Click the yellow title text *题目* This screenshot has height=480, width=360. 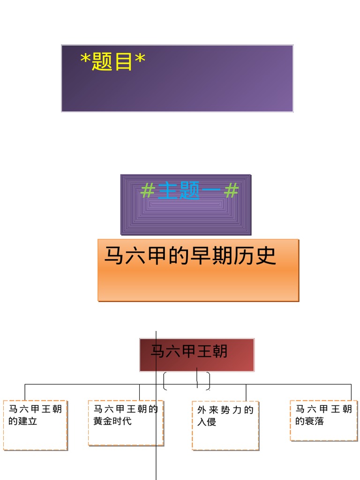click(x=113, y=61)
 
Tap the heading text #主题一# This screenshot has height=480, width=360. click(x=189, y=191)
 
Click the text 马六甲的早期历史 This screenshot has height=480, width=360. click(x=190, y=256)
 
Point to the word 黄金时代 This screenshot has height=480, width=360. click(x=112, y=421)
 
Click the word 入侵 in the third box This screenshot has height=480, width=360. click(x=207, y=422)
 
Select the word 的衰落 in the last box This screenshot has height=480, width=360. click(x=309, y=421)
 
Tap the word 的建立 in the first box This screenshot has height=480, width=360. click(x=22, y=421)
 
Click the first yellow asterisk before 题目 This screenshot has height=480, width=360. click(x=86, y=61)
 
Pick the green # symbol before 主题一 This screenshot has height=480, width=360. click(x=148, y=191)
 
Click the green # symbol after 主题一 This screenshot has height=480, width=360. click(x=231, y=191)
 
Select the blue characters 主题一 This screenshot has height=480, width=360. click(x=189, y=191)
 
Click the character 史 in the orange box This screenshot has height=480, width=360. click(x=266, y=256)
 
